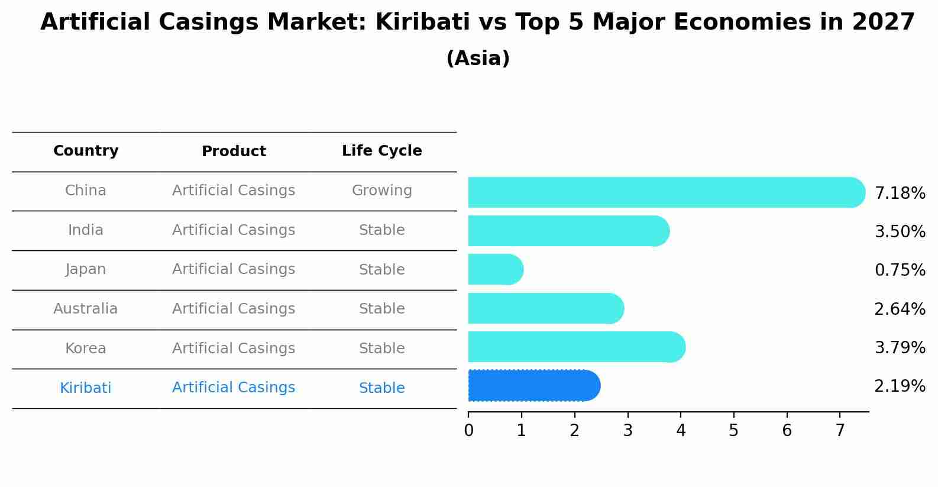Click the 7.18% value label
tap(900, 193)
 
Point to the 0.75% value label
tap(900, 270)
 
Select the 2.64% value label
tap(900, 309)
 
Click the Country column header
tap(86, 151)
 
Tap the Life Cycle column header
tap(381, 151)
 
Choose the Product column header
tap(234, 151)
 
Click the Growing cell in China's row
tap(381, 191)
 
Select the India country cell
tap(86, 230)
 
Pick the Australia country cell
tap(86, 309)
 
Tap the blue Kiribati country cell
tap(86, 388)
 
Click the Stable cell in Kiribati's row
tap(381, 388)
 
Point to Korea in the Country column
tap(86, 349)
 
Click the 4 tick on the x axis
tap(681, 430)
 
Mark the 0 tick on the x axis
tap(468, 430)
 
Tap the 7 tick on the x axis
tap(840, 430)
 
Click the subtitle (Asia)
tap(478, 59)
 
